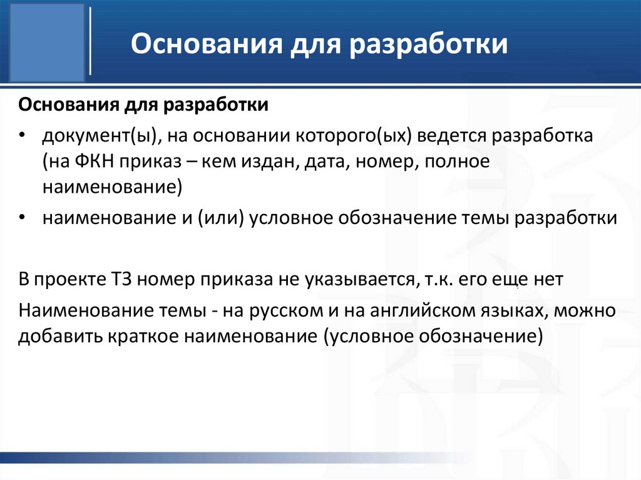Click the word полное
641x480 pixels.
(x=456, y=161)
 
